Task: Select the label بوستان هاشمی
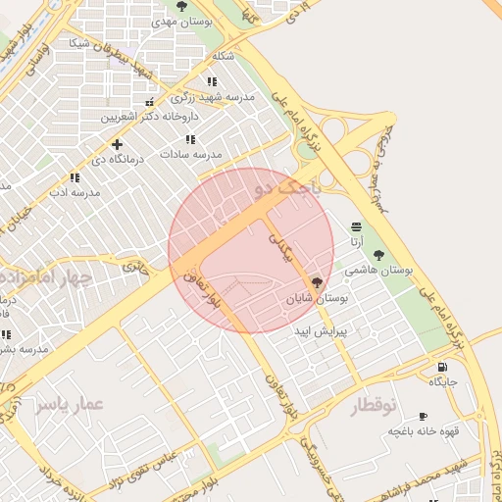[379, 269]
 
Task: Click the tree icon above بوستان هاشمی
[378, 255]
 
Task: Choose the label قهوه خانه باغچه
[423, 430]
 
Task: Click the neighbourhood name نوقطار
[374, 405]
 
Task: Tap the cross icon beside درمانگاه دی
[117, 144]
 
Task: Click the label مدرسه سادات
[192, 154]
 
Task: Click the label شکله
[224, 56]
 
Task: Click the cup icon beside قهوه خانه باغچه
[423, 416]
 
